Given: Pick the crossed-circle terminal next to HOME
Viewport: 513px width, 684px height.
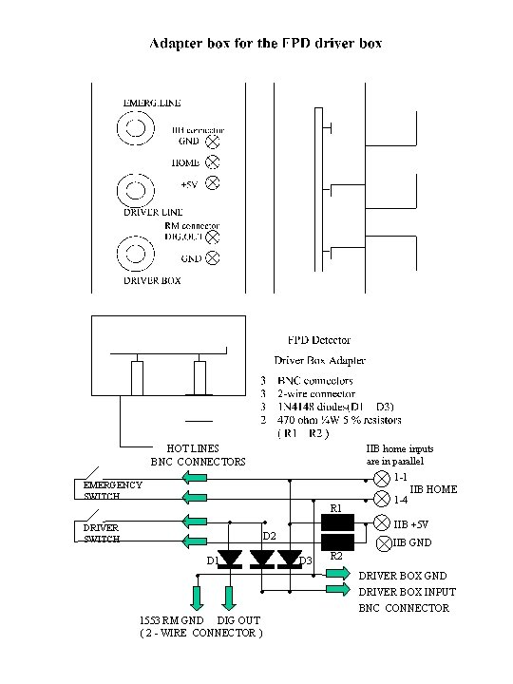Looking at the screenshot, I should coord(212,162).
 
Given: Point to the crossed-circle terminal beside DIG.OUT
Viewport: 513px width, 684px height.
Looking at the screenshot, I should coord(213,237).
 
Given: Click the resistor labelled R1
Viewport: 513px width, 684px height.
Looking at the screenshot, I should coord(337,522).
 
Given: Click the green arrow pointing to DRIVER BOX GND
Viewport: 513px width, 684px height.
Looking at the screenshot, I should coord(337,574).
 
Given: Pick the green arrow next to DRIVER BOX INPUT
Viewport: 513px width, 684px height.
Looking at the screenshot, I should coord(337,590).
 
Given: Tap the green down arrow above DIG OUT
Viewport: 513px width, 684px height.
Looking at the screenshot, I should coord(229,598).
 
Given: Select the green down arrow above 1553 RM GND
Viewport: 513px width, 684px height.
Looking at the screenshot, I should coord(198,598).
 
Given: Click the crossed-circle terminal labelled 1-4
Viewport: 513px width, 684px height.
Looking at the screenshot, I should coord(383,499).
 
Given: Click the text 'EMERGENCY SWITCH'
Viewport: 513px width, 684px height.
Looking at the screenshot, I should coord(107,490).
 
